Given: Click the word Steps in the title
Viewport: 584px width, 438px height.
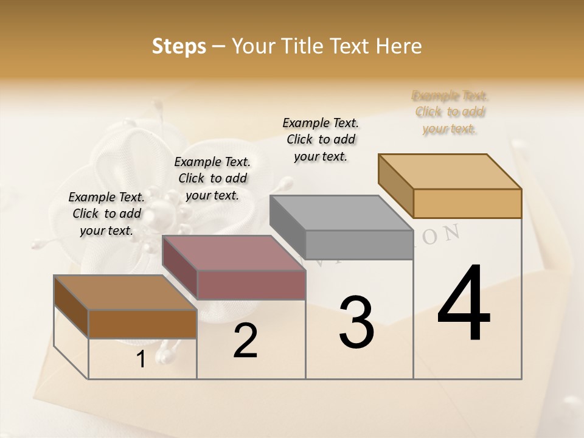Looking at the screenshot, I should point(179,46).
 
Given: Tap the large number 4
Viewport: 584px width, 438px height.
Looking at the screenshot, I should point(464,304).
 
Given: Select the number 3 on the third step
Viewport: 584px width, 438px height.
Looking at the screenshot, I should point(356,322).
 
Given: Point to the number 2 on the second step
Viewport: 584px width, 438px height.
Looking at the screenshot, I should point(245,341).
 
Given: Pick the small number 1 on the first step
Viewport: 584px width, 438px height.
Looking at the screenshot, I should point(141,360).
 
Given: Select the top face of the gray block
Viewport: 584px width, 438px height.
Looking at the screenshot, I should point(341,213).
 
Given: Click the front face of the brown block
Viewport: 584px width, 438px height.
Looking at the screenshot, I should point(142,324).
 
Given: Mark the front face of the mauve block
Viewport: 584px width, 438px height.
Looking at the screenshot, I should point(251,285).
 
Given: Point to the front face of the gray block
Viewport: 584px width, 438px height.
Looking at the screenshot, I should point(359,245).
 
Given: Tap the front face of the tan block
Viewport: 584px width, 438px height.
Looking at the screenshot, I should point(467,203).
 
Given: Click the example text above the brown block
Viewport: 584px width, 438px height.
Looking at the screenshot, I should point(106,214).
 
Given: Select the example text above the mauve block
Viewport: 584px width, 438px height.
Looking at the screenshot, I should point(212,178).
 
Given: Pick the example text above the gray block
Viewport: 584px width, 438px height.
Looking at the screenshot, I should point(321,139).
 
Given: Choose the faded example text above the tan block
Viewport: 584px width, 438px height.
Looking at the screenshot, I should point(450,112).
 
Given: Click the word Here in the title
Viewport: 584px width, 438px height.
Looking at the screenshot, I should point(399,46).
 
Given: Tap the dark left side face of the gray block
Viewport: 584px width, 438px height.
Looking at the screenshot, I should point(288,226).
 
